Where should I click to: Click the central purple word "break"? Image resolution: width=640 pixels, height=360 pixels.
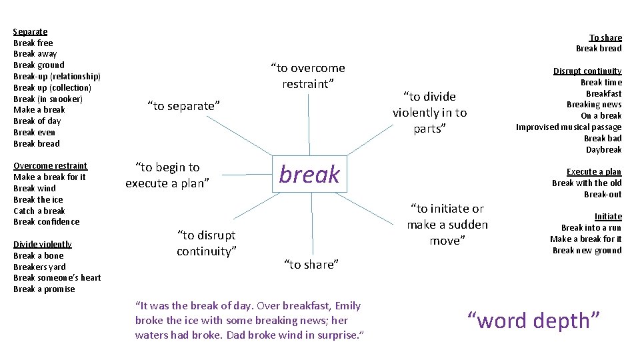coord(309,175)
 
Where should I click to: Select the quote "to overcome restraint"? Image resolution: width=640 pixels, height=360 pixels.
coord(307,76)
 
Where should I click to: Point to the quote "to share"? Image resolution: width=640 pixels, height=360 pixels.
coord(311,265)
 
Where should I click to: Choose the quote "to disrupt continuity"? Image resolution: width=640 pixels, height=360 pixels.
coord(206,243)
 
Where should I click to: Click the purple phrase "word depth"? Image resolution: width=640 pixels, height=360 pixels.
coord(534,321)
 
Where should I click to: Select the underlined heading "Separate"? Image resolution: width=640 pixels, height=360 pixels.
coord(30,31)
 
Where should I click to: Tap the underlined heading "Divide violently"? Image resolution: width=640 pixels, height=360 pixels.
coord(43,244)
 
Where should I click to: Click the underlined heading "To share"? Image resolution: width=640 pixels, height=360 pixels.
coord(605,37)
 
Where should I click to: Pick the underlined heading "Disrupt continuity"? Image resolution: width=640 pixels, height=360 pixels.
coord(587,71)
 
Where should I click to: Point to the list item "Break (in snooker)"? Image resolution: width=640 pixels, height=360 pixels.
coord(48,99)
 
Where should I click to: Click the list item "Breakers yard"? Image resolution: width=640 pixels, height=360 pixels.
coord(39,267)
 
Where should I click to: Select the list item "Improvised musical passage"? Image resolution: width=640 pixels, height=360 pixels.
coord(568,127)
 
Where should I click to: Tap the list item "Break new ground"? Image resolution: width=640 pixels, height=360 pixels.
coord(587,250)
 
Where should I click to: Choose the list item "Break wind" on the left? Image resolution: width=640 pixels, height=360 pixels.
coord(34,188)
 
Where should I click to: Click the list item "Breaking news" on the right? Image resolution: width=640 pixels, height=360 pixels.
coord(593,104)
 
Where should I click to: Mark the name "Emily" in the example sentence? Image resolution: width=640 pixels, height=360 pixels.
coord(347,306)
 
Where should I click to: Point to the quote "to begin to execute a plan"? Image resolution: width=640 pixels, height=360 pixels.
coord(167,175)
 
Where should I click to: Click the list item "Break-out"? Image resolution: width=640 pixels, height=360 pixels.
coord(603,194)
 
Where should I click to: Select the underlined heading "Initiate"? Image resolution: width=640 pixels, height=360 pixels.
coord(608,216)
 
